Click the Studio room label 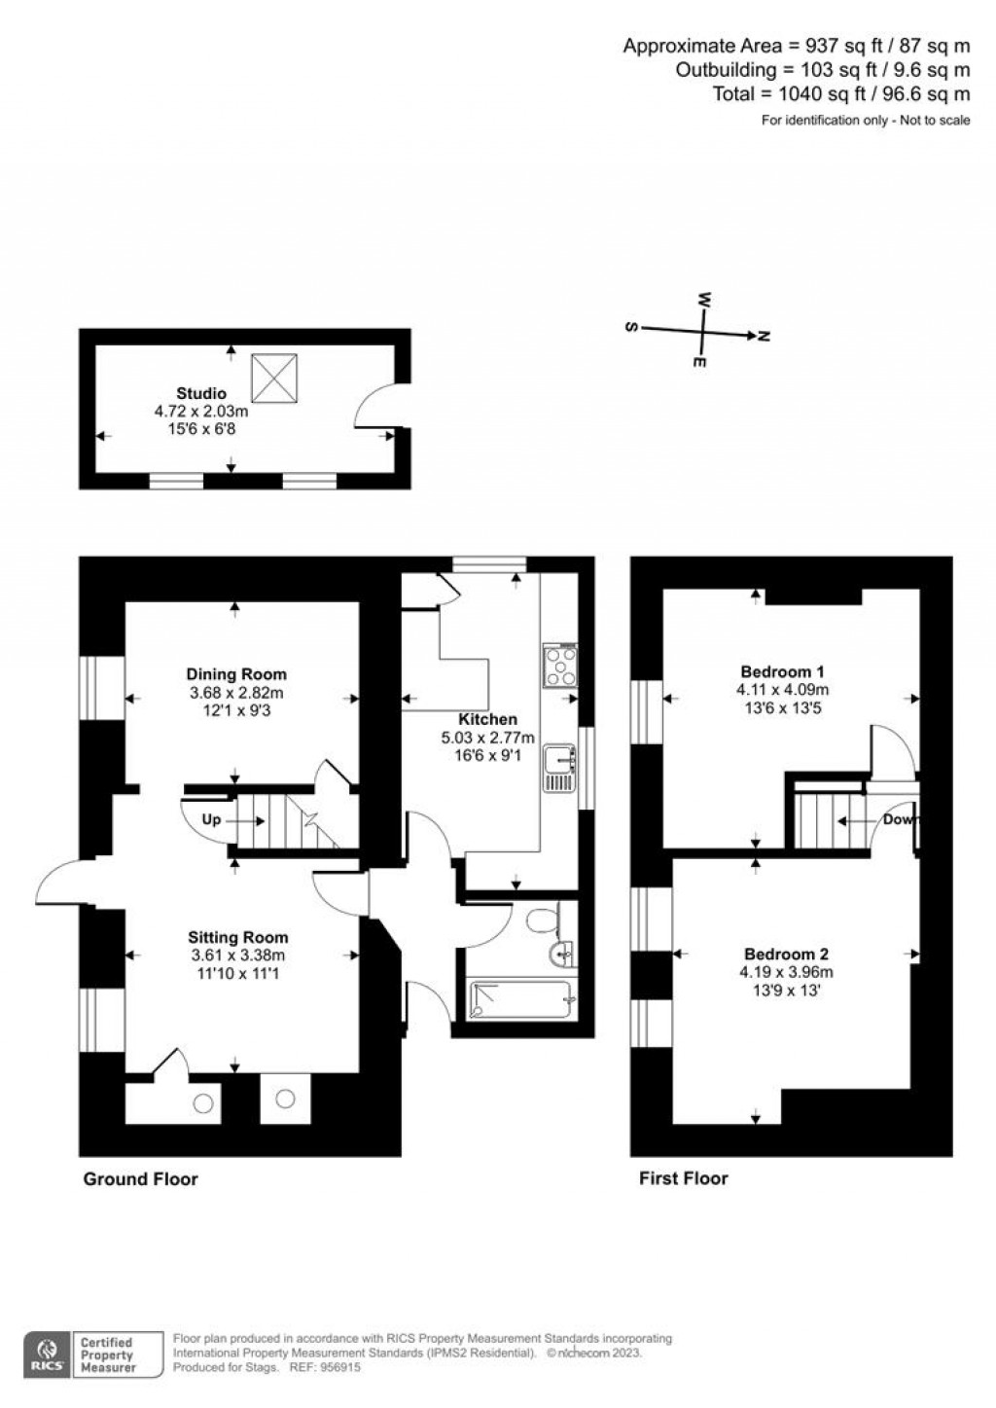point(201,394)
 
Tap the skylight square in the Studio point(273,378)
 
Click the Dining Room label point(236,674)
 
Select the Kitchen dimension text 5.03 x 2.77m point(488,738)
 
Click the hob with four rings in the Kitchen point(560,667)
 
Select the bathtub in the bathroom point(523,1001)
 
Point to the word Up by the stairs point(211,820)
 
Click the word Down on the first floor point(900,819)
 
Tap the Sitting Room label point(238,938)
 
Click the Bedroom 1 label point(782,671)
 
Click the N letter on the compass point(765,337)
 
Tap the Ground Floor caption point(140,1179)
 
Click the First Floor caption point(683,1179)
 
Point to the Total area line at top point(841,94)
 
